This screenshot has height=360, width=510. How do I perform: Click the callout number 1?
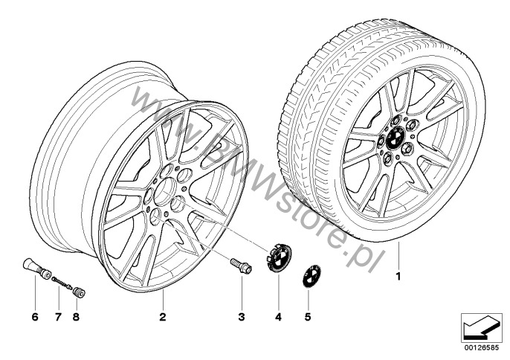(398, 277)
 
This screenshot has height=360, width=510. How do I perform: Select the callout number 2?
(163, 317)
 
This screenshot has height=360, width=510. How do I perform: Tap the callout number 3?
(242, 317)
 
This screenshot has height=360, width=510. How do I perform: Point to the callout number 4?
(278, 317)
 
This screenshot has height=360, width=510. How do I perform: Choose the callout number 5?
(308, 317)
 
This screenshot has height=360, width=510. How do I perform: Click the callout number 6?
(35, 317)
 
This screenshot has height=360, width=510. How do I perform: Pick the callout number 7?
(58, 317)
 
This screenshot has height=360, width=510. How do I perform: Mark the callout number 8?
(76, 317)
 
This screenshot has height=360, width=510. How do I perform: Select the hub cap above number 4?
(279, 257)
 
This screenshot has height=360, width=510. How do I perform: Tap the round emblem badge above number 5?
(312, 276)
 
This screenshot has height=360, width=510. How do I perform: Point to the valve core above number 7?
(61, 282)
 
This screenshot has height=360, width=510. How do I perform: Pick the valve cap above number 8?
(79, 292)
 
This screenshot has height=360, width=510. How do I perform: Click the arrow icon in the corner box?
(482, 328)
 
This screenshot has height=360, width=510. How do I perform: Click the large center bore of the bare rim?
(165, 191)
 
